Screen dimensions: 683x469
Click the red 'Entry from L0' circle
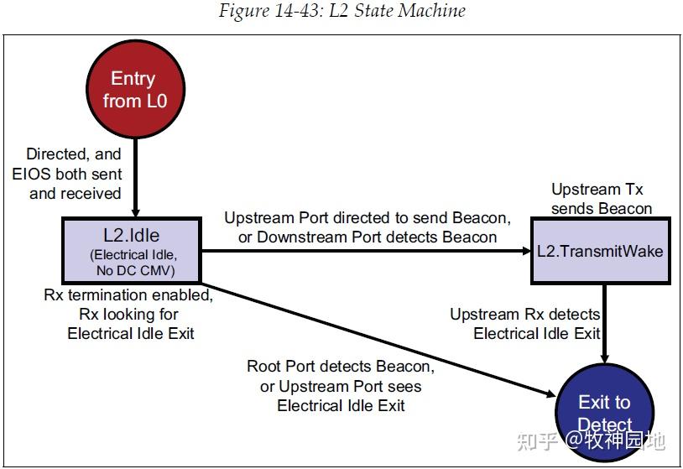tap(135, 89)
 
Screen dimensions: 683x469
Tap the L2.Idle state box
tap(132, 250)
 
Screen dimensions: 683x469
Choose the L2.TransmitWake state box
tap(600, 251)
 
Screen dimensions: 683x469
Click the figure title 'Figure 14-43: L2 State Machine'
tap(342, 11)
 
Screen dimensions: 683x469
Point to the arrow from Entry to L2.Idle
tap(135, 178)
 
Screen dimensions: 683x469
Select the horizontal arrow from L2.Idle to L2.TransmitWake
tap(366, 251)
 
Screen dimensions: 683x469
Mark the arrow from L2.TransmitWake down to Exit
tap(605, 324)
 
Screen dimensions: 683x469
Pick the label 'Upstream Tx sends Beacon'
tap(601, 199)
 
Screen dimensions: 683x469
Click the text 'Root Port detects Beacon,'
tap(341, 367)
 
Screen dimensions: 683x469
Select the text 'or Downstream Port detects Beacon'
tap(368, 237)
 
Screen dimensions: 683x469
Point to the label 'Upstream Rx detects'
tap(525, 315)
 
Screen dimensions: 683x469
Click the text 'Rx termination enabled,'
tap(128, 295)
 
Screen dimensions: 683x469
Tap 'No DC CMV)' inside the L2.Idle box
tap(135, 270)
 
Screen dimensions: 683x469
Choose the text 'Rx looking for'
tap(128, 315)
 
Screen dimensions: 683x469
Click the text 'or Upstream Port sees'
tap(341, 386)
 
